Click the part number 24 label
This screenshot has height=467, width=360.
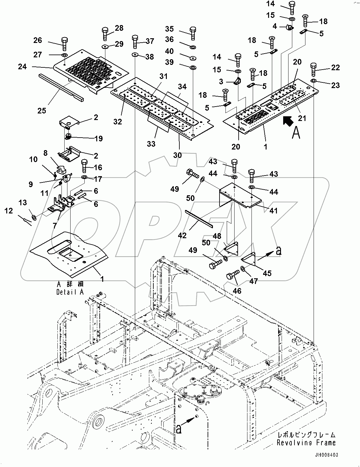coord(23,66)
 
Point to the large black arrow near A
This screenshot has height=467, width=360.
coord(289,121)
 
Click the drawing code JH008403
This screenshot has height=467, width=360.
coord(326,455)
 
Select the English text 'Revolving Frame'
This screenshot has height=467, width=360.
coord(306,443)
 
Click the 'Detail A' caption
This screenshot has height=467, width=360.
coord(70,292)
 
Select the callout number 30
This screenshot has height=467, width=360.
coord(178,155)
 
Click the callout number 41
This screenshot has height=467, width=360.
coord(273,211)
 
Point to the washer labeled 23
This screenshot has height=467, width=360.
coord(314,81)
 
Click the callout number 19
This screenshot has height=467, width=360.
coord(98,138)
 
